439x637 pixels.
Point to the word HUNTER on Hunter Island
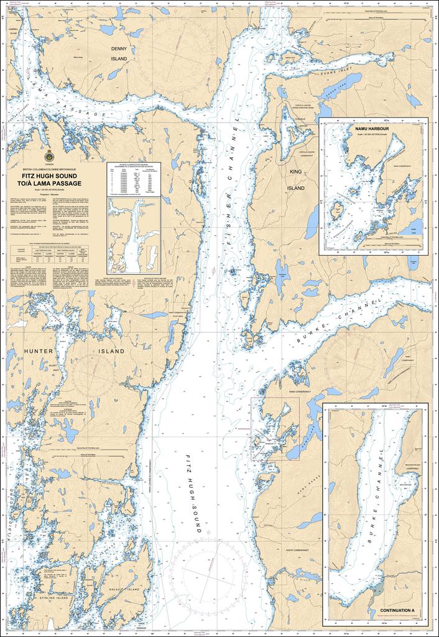tap(39, 351)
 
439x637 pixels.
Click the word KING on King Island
tap(295, 171)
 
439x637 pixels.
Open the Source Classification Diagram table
tap(134, 179)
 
